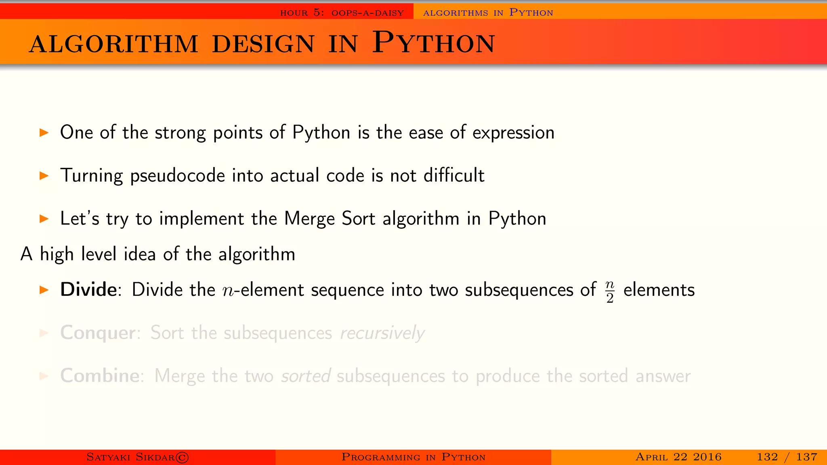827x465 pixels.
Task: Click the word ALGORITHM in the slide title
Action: pos(113,44)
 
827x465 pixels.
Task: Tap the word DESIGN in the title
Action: pos(263,44)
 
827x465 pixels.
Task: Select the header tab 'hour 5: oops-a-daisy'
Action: pos(342,13)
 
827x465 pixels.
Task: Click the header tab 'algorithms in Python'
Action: pos(488,13)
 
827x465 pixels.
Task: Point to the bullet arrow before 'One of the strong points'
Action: pos(44,132)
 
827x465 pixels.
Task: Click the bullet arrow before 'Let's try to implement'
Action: pos(44,219)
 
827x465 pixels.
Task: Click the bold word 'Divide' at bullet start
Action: pos(88,290)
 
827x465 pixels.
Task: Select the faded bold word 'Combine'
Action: pos(100,376)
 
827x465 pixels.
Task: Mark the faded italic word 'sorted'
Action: pos(306,376)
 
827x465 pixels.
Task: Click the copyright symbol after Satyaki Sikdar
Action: pos(182,457)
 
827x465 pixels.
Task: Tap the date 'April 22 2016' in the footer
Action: pos(678,457)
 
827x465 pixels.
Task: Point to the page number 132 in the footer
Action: pos(767,457)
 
